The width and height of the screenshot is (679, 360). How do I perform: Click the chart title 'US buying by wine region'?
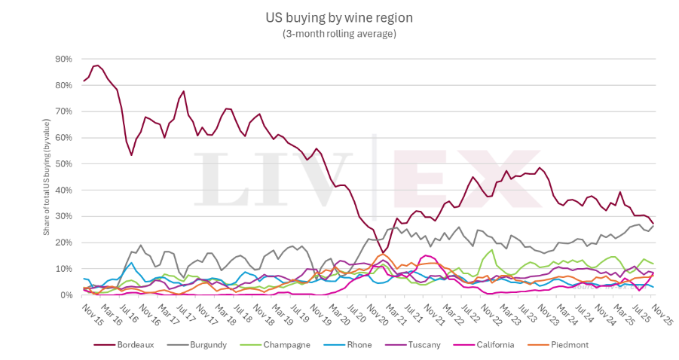[339, 17]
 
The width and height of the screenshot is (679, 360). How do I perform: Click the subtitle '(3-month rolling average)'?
[339, 33]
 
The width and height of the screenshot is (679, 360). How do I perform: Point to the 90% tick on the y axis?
[62, 59]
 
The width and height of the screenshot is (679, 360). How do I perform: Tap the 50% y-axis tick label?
[62, 163]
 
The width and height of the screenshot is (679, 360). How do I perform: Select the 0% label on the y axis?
[65, 295]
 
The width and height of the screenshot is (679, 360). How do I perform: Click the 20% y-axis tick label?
[62, 243]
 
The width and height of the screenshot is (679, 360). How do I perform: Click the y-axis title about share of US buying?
[46, 177]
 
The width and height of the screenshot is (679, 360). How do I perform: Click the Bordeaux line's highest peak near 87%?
[97, 66]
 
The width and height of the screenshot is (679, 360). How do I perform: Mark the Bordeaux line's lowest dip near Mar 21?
[382, 253]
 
